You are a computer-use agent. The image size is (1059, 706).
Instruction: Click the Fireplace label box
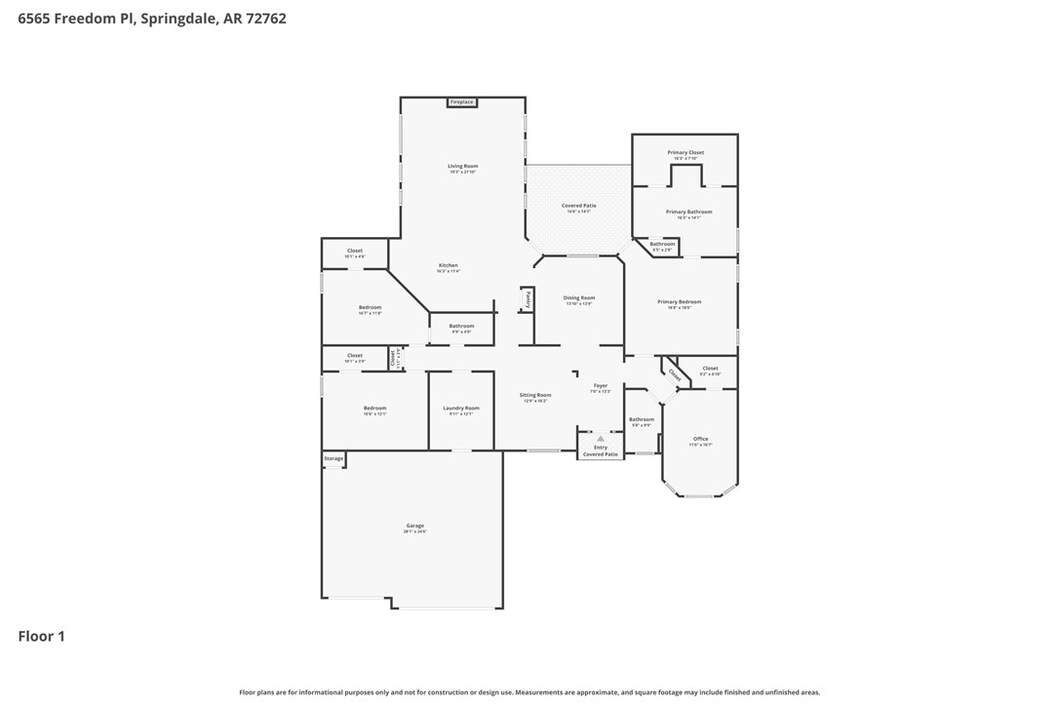[x=461, y=102]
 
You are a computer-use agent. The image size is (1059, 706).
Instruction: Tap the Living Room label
[x=462, y=167]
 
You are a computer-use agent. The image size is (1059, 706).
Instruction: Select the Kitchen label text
[x=448, y=266]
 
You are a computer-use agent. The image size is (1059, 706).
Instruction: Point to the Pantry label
[x=529, y=299]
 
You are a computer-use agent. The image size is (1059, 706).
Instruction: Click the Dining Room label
[x=579, y=298]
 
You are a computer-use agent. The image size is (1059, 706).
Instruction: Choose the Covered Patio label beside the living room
[x=578, y=206]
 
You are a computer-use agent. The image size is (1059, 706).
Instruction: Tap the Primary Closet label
[x=686, y=153]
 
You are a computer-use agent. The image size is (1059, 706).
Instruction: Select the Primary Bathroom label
[x=688, y=212]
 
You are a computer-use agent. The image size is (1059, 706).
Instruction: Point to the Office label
[x=700, y=439]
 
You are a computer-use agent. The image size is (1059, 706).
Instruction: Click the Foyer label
[x=601, y=386]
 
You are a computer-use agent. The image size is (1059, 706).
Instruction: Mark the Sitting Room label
[x=535, y=395]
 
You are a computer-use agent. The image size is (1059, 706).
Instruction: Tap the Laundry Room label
[x=460, y=409]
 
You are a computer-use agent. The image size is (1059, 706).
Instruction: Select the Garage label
[x=414, y=527]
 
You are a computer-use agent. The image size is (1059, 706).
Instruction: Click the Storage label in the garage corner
[x=333, y=458]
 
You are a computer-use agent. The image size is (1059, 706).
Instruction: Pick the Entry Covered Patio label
[x=601, y=451]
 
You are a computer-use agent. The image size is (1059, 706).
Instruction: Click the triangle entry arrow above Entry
[x=601, y=439]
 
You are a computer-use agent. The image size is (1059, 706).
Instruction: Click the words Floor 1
[x=42, y=637]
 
